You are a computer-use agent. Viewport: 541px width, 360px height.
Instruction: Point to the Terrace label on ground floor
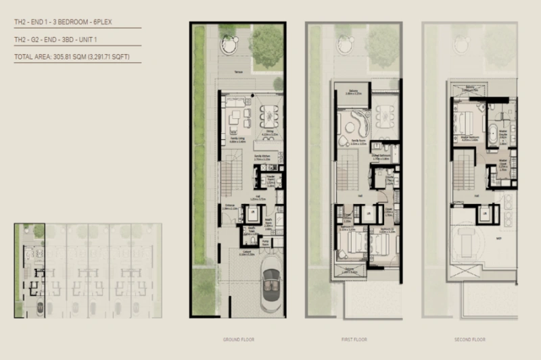pyautogui.click(x=239, y=71)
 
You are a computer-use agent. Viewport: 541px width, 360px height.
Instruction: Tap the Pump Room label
pyautogui.click(x=267, y=241)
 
